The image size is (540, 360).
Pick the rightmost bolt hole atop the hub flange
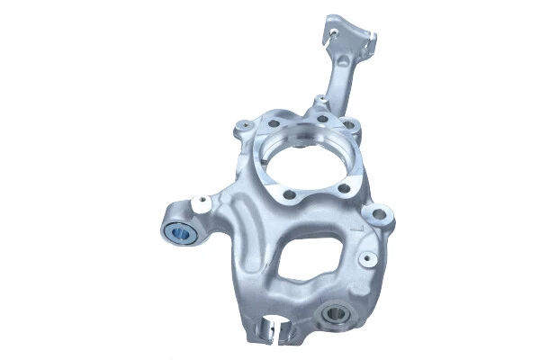pyautogui.click(x=352, y=125)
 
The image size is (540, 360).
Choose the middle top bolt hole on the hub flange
pyautogui.click(x=321, y=117)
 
